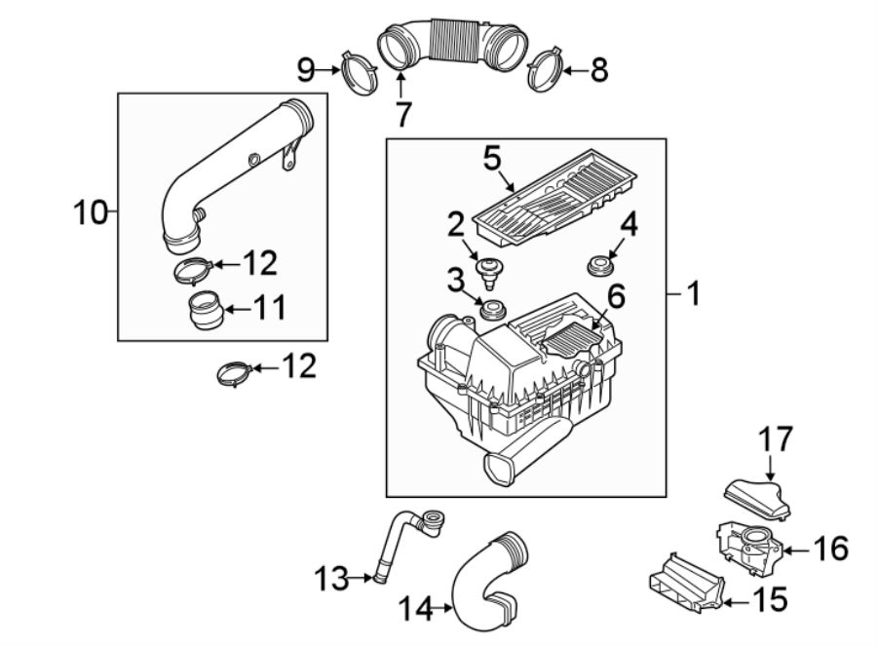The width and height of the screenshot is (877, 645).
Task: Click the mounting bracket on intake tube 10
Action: click(x=289, y=155)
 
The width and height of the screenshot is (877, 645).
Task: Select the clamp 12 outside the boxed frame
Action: click(x=234, y=373)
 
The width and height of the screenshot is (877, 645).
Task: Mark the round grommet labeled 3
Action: click(x=492, y=312)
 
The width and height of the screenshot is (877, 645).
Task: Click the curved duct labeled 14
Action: click(x=484, y=580)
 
